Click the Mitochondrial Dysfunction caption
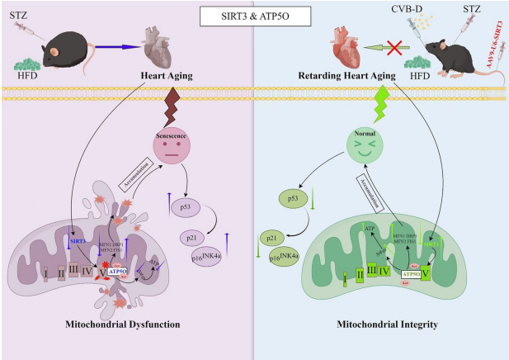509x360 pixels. (x=123, y=325)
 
